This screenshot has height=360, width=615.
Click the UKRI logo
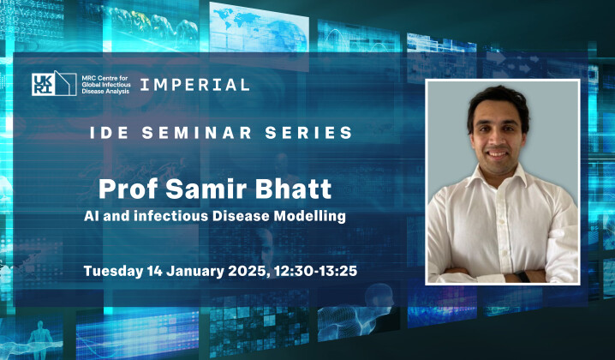(x=45, y=84)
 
